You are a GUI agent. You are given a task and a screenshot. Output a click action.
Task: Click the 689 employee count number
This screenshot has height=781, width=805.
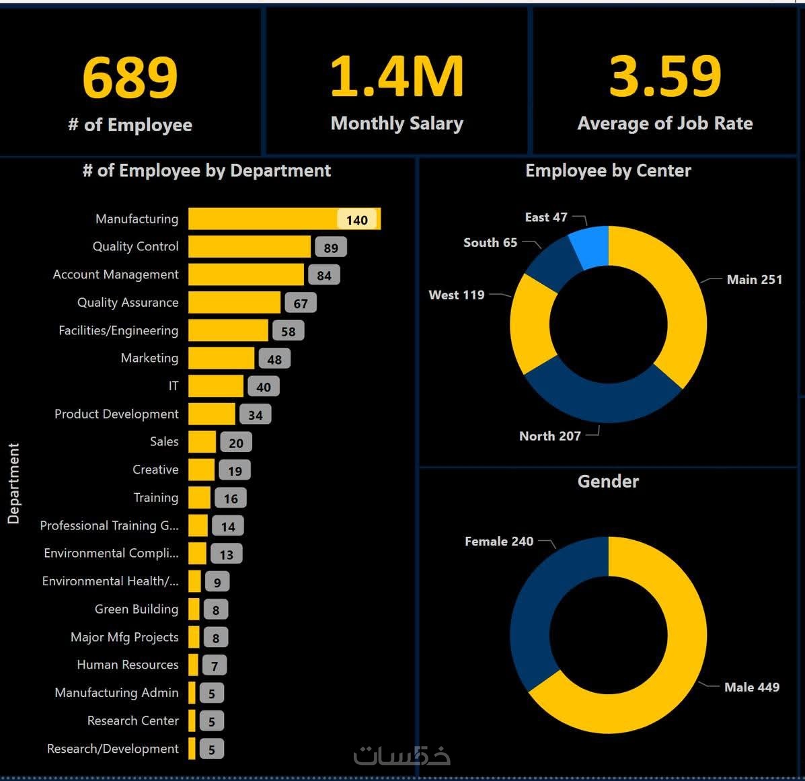click(x=130, y=77)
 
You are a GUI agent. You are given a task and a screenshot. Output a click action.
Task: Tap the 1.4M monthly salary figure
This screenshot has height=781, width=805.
click(x=397, y=77)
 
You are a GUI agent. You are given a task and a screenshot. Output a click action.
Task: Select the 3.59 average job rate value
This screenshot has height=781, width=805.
click(x=664, y=76)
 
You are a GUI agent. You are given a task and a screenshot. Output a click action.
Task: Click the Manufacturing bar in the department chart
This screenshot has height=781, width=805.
click(x=269, y=219)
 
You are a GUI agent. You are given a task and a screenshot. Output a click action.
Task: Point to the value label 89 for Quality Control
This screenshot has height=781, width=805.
click(x=331, y=248)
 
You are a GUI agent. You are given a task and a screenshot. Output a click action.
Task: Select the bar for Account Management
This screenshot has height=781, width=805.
click(x=246, y=274)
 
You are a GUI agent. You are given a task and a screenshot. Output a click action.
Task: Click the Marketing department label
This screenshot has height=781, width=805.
click(x=149, y=358)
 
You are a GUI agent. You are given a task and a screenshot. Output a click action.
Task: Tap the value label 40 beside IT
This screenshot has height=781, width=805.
click(x=264, y=387)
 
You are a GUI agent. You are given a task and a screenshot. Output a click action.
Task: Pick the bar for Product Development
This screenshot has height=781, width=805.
click(x=212, y=414)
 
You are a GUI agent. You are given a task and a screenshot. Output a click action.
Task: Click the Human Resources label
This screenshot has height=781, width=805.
click(x=128, y=665)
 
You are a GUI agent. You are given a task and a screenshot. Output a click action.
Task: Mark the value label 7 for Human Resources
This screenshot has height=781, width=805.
click(x=215, y=666)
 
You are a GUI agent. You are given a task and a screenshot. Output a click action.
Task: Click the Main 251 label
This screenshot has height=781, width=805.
click(x=755, y=279)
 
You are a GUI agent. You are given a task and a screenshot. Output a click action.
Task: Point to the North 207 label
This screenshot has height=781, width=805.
click(x=550, y=436)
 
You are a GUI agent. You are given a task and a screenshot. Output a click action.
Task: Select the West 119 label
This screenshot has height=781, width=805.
click(x=457, y=295)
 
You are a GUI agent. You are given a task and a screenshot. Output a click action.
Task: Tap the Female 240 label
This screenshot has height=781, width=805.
click(x=499, y=542)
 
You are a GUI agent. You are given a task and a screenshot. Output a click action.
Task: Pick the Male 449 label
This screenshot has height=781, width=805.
click(x=752, y=687)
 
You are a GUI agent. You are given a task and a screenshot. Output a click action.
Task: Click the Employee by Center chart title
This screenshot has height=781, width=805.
click(x=608, y=171)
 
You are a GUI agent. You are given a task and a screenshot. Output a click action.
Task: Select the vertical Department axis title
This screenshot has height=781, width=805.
click(x=13, y=483)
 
